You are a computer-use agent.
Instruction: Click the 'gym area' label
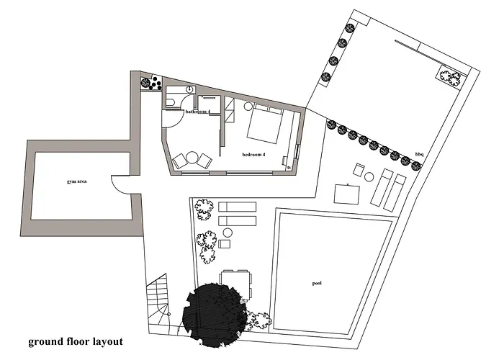[76, 181]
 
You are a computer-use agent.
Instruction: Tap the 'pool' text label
[317, 284]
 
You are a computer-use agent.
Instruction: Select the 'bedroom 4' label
[253, 155]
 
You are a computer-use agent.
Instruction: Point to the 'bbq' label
[420, 155]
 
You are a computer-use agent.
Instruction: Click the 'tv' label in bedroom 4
[289, 168]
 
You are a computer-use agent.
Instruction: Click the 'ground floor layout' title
[76, 341]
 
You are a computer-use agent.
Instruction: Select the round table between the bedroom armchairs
[192, 158]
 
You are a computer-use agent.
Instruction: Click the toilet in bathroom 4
[171, 102]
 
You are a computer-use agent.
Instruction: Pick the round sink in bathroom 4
[189, 89]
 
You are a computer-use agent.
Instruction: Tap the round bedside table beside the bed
[248, 107]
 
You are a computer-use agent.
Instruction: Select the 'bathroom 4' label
[198, 112]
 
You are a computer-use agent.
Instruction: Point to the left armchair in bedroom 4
[180, 161]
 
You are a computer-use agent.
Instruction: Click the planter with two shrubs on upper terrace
[450, 76]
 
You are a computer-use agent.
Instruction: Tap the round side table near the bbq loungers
[369, 177]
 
